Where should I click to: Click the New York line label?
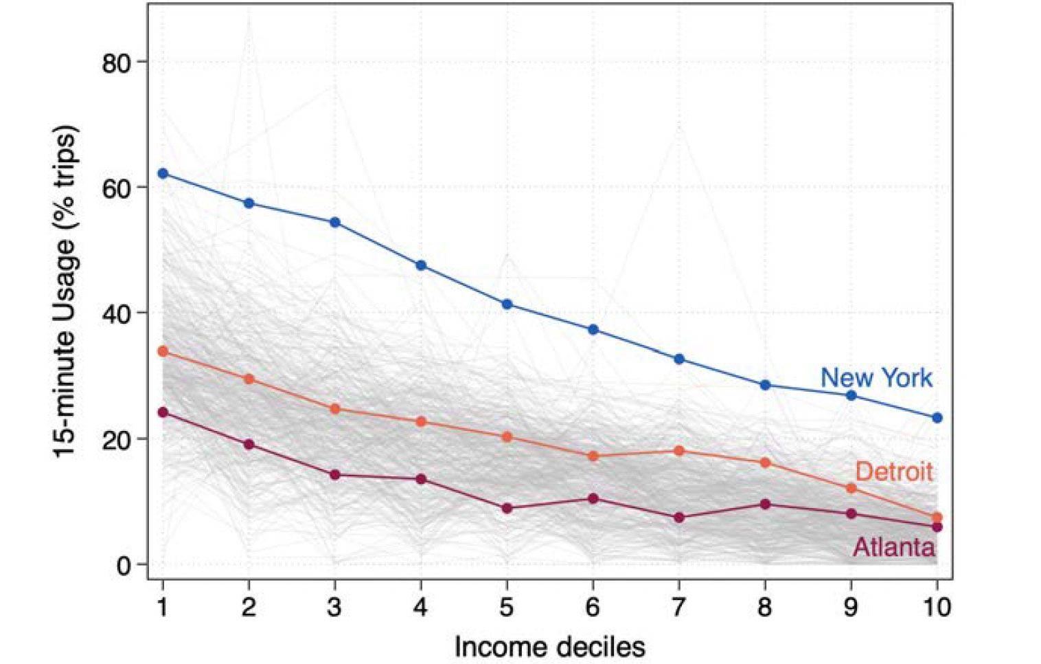[x=876, y=378]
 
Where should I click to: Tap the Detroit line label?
[x=893, y=472]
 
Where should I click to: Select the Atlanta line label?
[x=893, y=547]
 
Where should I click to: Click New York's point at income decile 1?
[x=163, y=173]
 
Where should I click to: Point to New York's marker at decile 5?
[x=507, y=304]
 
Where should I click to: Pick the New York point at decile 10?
[x=937, y=418]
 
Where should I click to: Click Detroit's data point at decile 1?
[x=163, y=351]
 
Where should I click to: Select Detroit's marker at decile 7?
[x=679, y=451]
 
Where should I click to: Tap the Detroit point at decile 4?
[x=421, y=421]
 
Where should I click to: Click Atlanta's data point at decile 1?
[x=163, y=412]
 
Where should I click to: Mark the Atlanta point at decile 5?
[x=507, y=509]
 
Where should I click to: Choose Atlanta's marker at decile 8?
[x=765, y=505]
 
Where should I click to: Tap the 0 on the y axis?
[x=124, y=565]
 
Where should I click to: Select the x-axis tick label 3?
[x=334, y=607]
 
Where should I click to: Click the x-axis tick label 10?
[x=937, y=607]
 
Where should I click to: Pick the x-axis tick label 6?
[x=593, y=607]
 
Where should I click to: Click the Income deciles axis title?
[x=549, y=647]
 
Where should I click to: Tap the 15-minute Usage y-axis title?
[x=66, y=291]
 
